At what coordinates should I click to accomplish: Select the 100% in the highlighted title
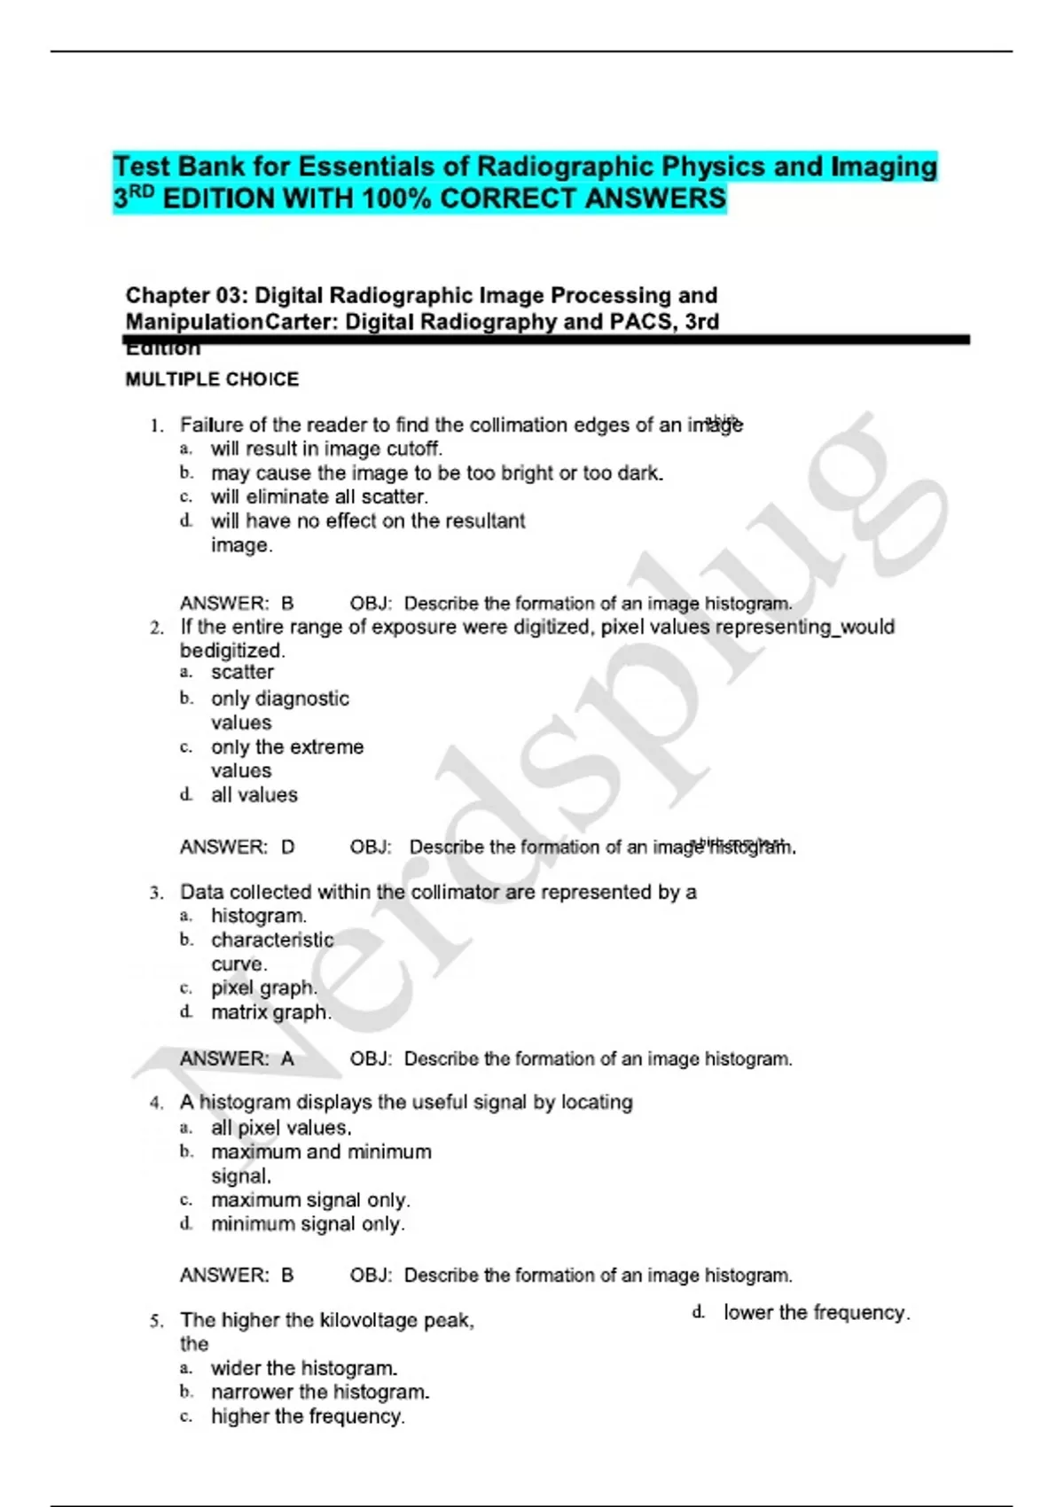[396, 199]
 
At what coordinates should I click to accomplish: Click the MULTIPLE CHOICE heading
[212, 379]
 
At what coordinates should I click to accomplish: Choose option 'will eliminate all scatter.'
[319, 497]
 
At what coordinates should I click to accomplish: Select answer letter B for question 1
[287, 604]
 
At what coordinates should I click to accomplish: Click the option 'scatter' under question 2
[242, 672]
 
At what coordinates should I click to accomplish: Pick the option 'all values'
[254, 795]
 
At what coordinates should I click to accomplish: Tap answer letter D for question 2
[287, 847]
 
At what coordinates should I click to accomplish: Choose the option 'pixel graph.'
[263, 988]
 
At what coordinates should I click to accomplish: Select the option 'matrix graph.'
[270, 1012]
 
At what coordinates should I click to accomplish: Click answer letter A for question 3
[287, 1059]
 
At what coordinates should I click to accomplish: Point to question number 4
[156, 1104]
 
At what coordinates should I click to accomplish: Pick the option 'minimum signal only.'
[308, 1224]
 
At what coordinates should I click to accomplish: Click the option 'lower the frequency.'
[817, 1313]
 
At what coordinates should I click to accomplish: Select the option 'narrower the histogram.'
[320, 1393]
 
